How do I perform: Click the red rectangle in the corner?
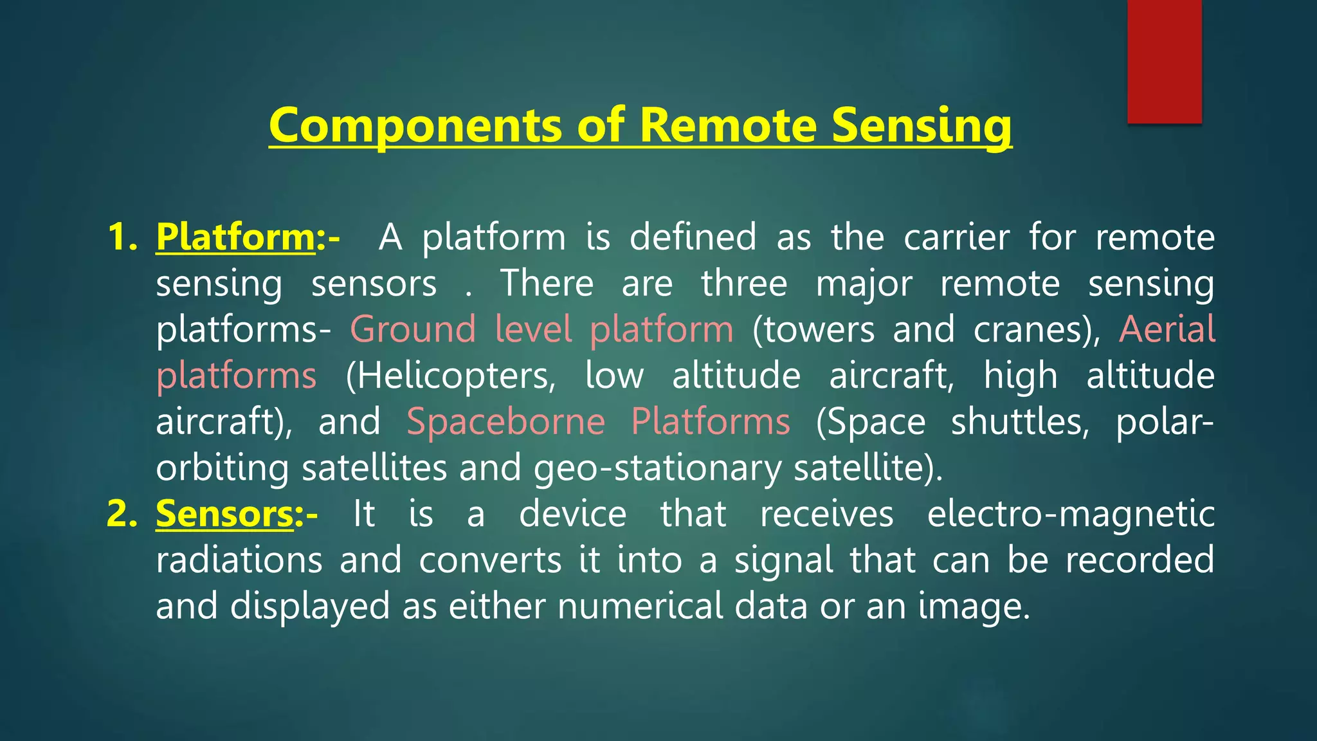pos(1164,61)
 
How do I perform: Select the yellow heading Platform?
pos(235,237)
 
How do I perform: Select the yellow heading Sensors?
pos(225,514)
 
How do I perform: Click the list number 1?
pos(122,237)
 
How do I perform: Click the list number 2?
pos(122,514)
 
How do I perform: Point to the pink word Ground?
pos(413,329)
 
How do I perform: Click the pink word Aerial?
pos(1167,329)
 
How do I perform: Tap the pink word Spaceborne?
pos(506,422)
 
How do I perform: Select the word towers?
pos(814,329)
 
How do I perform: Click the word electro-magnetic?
pos(1070,514)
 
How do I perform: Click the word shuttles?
pos(1020,422)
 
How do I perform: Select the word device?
pos(572,514)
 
